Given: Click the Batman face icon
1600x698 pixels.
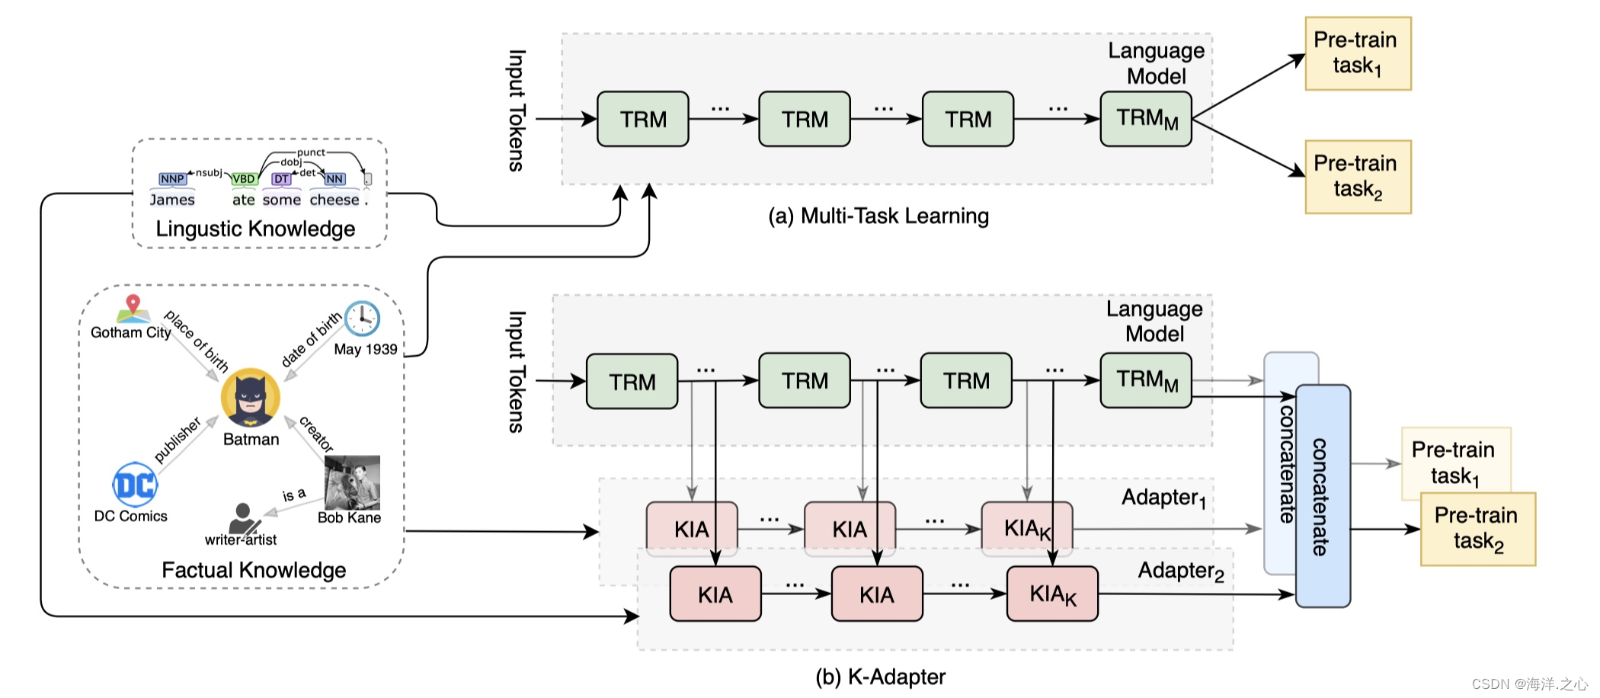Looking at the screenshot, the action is point(251,398).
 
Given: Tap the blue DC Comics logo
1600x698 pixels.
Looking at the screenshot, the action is point(135,485).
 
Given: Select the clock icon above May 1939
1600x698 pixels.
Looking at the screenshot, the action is point(362,319).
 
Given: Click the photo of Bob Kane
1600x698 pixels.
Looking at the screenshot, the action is point(352,483).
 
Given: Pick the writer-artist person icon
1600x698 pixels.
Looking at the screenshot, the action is point(244,518).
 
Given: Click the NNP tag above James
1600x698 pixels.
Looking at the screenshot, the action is point(173,179).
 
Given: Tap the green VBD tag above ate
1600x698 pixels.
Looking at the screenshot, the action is point(244,179).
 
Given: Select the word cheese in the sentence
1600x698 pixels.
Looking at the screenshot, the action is point(334,200).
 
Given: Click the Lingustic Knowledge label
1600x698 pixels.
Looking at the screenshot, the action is point(255,229).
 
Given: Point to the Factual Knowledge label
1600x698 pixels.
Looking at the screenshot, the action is point(254,570).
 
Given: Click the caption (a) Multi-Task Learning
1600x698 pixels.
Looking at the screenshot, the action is point(878,216).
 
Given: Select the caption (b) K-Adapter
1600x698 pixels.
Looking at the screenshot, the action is point(881,677).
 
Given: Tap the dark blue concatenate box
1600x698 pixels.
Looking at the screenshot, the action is point(1323,496).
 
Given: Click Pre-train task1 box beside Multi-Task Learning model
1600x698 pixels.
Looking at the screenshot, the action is point(1358,53).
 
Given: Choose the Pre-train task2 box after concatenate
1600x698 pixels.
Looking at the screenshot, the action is point(1478,529).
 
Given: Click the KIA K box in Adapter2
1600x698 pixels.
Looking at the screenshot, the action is point(1052,594).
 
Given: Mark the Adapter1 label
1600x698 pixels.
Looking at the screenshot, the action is point(1163,498).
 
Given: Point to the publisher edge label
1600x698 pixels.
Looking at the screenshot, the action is point(178,440).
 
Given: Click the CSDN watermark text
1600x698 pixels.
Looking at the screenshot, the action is point(1530,684).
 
